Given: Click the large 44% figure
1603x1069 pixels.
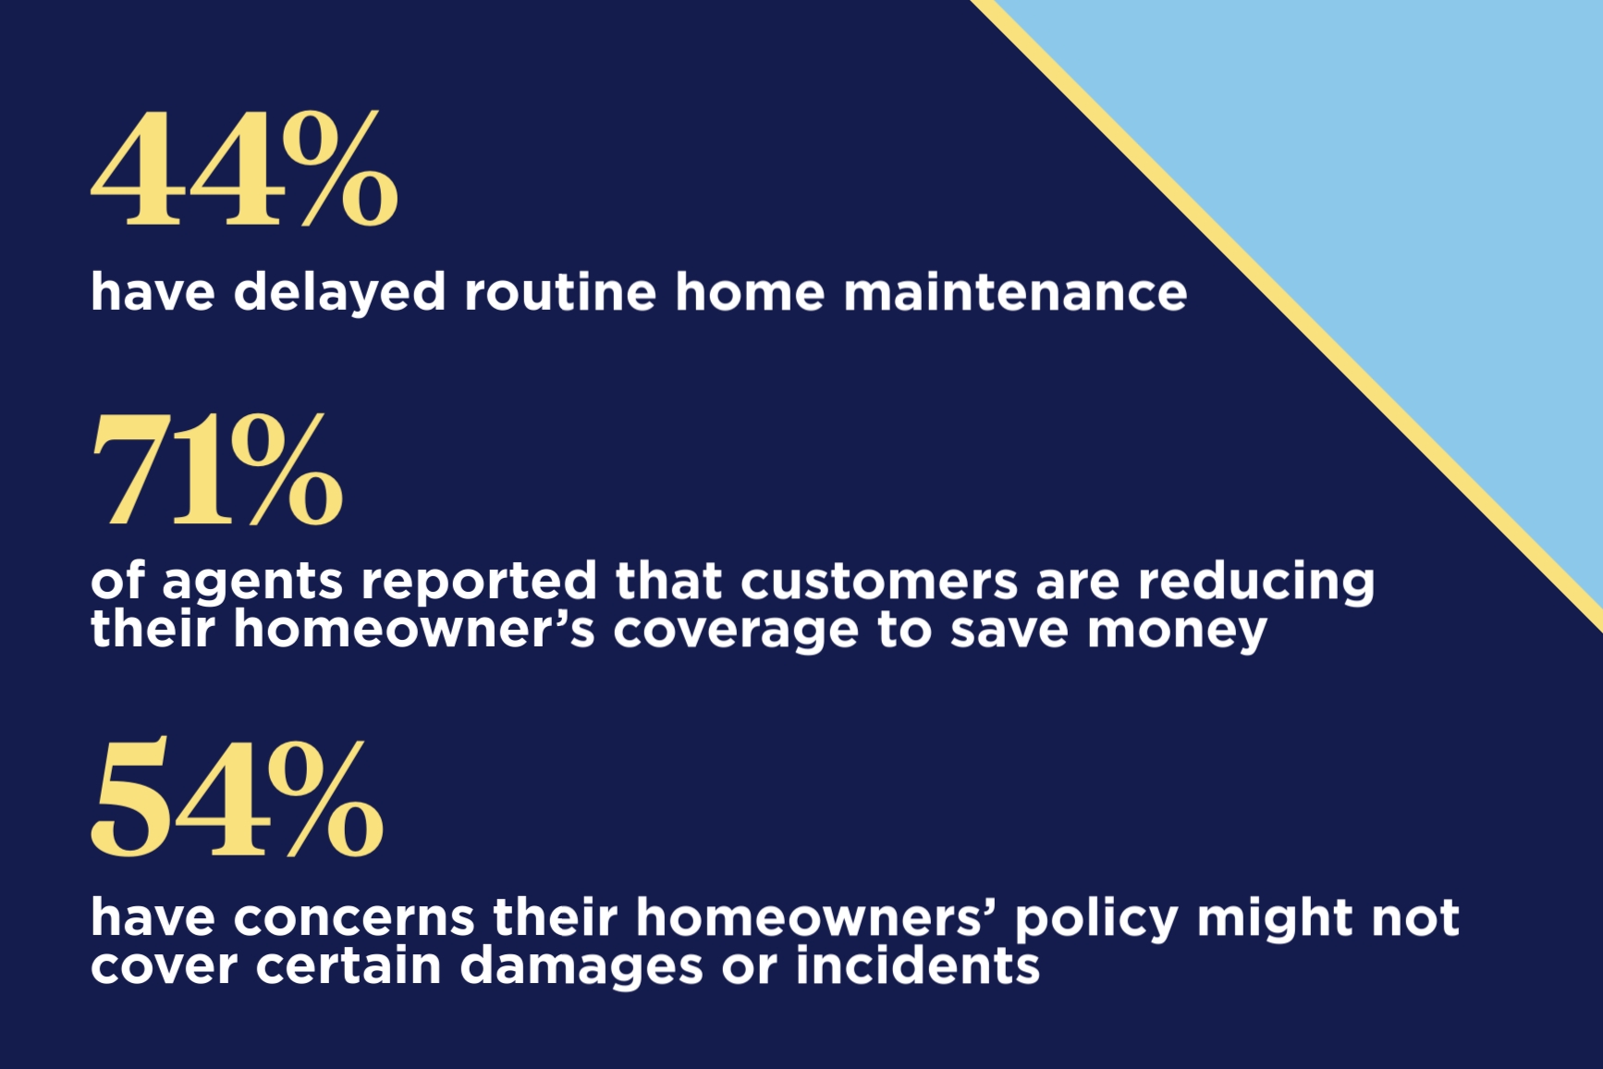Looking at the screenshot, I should [245, 169].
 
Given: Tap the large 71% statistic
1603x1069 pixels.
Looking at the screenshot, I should [217, 471].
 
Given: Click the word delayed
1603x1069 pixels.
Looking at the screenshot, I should [339, 293].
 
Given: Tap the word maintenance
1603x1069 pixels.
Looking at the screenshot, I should [1015, 292].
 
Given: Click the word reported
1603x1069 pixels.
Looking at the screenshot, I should [479, 583].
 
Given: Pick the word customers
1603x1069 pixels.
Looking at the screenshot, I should [878, 582].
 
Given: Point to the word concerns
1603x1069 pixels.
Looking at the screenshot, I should [354, 918].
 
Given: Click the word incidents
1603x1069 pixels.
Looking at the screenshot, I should [917, 966].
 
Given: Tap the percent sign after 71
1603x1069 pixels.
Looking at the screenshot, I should [287, 471].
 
